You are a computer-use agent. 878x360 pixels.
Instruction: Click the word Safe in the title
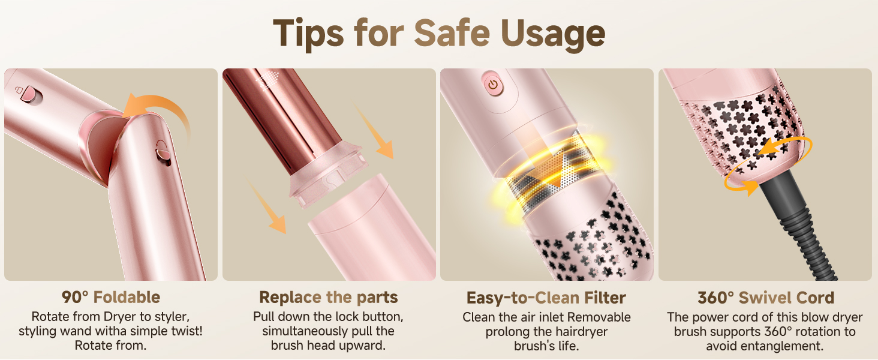coord(452,33)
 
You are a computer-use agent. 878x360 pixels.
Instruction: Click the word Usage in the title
coord(553,35)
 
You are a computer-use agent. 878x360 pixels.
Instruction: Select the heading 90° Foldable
coord(111,297)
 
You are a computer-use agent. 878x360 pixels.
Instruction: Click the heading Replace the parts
coord(329,297)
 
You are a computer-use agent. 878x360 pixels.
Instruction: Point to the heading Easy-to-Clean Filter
coord(546,298)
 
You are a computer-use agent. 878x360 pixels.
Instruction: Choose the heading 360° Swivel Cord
coord(765,298)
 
